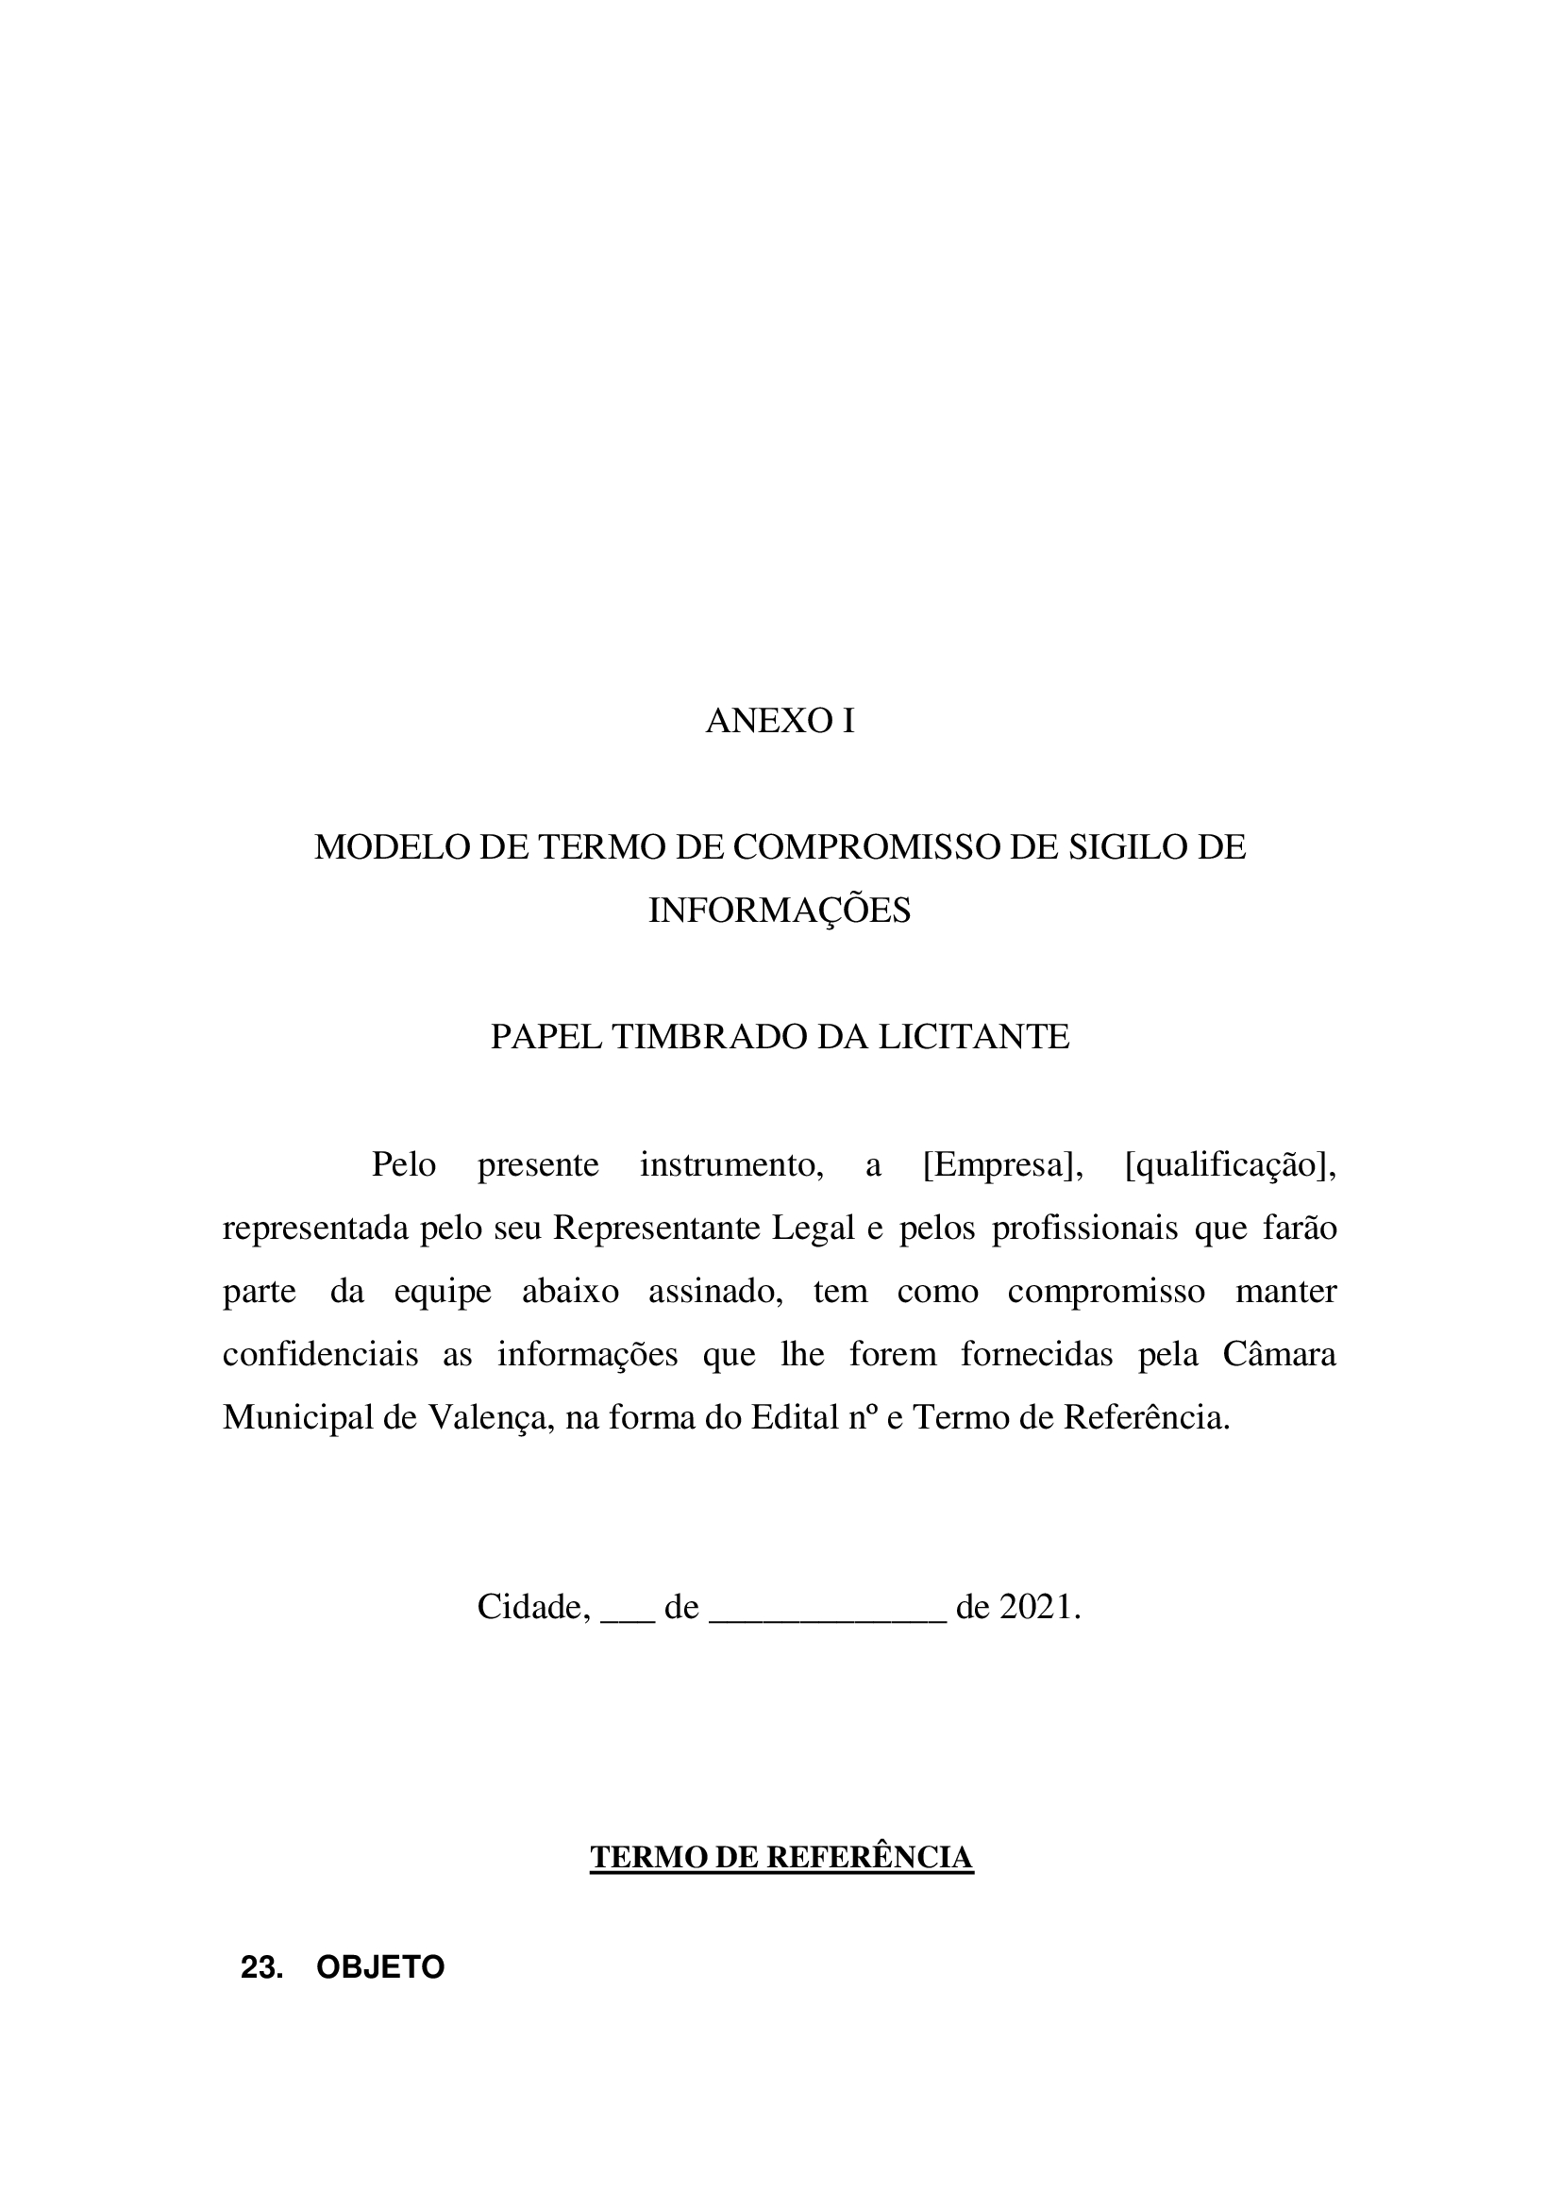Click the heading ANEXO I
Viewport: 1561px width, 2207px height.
[x=780, y=721]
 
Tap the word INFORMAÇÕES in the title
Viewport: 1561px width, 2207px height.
[x=780, y=911]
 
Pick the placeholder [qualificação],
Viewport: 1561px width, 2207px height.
[x=1231, y=1165]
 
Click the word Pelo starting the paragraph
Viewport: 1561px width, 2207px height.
[x=404, y=1165]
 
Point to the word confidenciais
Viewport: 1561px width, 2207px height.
[x=320, y=1354]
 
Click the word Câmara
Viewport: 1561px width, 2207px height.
[x=1279, y=1354]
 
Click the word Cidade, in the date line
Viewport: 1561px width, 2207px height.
[x=533, y=1607]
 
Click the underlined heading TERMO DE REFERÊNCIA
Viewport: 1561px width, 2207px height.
[x=781, y=1858]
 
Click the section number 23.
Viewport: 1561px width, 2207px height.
[x=261, y=1968]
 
